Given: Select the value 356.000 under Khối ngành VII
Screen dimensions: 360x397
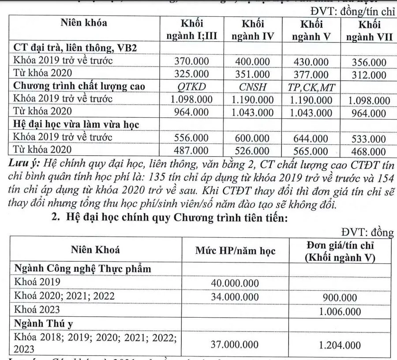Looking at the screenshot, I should pos(369,62).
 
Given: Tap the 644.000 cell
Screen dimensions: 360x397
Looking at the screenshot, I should pos(311,139).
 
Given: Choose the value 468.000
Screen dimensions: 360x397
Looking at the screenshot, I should pos(369,152).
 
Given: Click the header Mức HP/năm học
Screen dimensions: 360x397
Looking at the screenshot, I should pos(235,251).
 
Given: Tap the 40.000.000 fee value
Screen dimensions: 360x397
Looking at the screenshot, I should pos(236,282).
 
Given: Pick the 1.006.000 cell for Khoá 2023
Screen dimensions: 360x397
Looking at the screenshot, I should pos(339,312).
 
